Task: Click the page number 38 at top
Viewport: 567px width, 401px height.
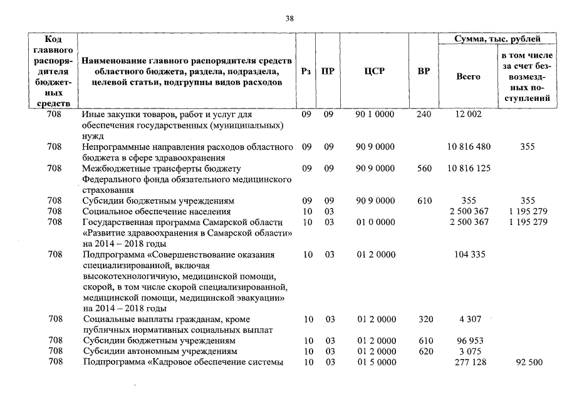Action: click(x=289, y=19)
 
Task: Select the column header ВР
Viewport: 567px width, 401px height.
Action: click(x=424, y=71)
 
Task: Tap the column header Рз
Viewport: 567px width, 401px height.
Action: click(x=306, y=71)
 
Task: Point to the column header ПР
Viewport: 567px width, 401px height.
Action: click(x=327, y=71)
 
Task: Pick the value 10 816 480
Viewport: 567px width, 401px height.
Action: click(x=469, y=147)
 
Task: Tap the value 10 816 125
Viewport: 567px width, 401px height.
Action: click(x=469, y=168)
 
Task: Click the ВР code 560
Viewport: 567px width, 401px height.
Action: click(x=424, y=168)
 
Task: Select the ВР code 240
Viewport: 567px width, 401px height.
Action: click(x=424, y=115)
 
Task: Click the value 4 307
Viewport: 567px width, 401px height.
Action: click(x=469, y=319)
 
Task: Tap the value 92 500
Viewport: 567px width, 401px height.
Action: click(x=527, y=362)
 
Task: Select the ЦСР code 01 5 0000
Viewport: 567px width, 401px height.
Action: click(x=375, y=362)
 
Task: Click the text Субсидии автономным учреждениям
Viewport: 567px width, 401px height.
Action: click(x=160, y=351)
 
